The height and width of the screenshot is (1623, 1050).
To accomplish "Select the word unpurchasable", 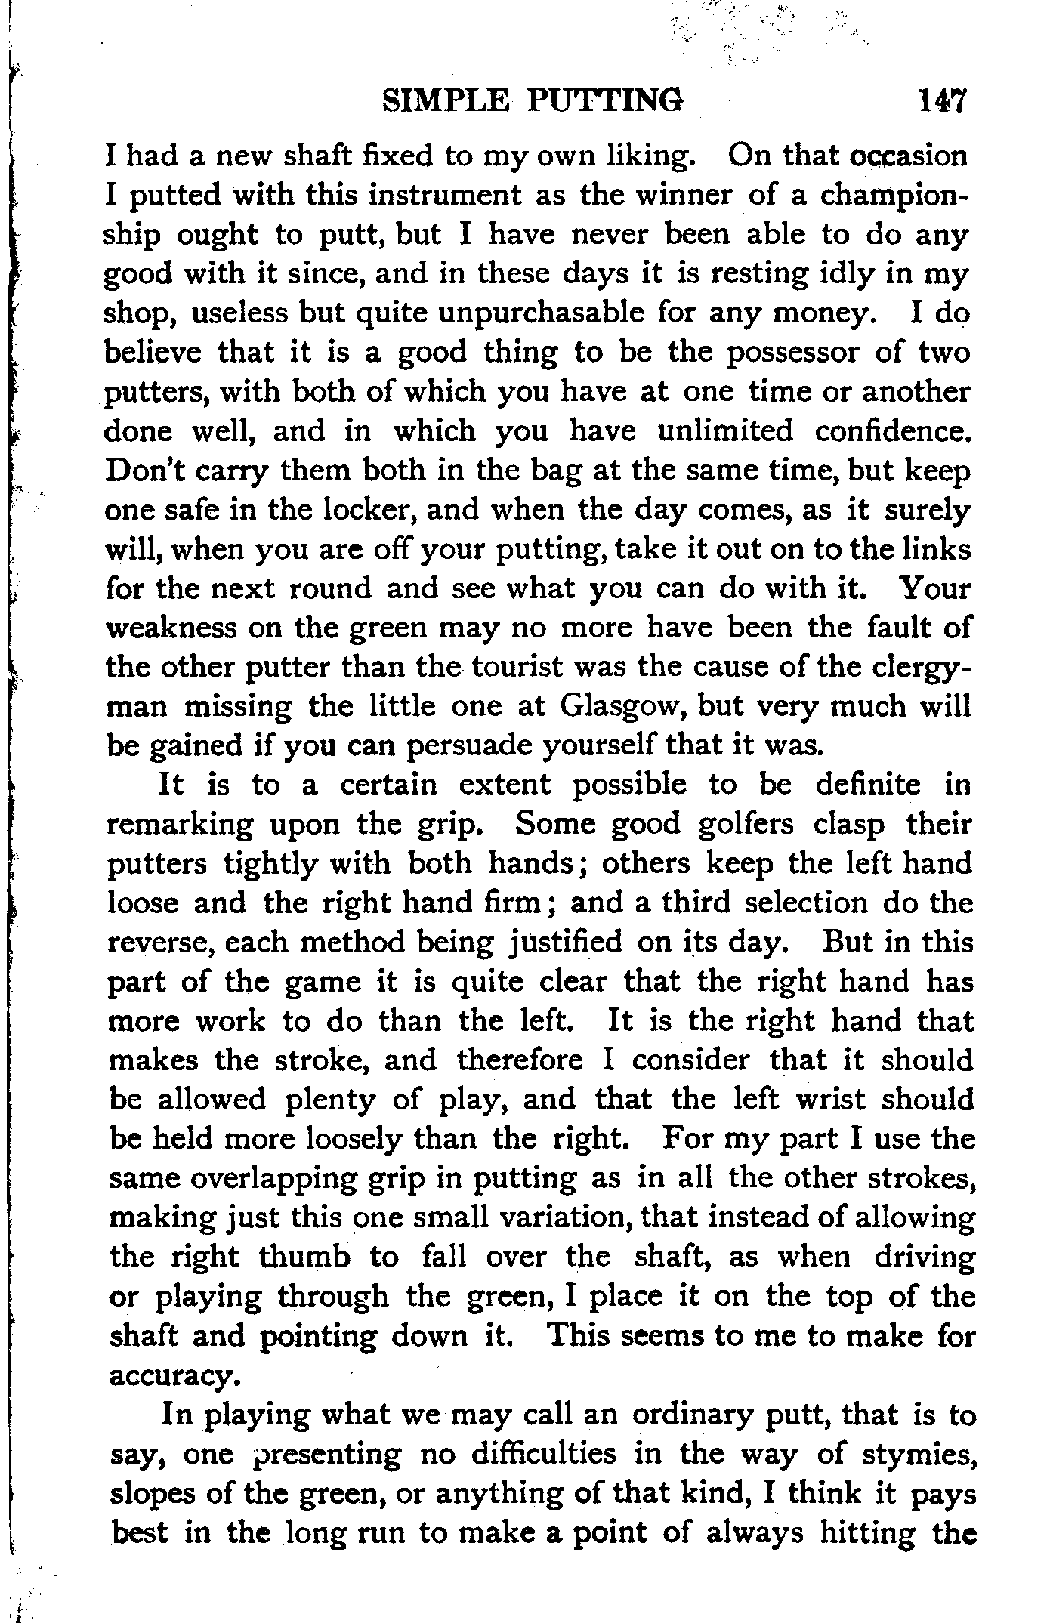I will coord(541,313).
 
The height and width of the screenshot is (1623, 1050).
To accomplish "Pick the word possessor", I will coord(791,352).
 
